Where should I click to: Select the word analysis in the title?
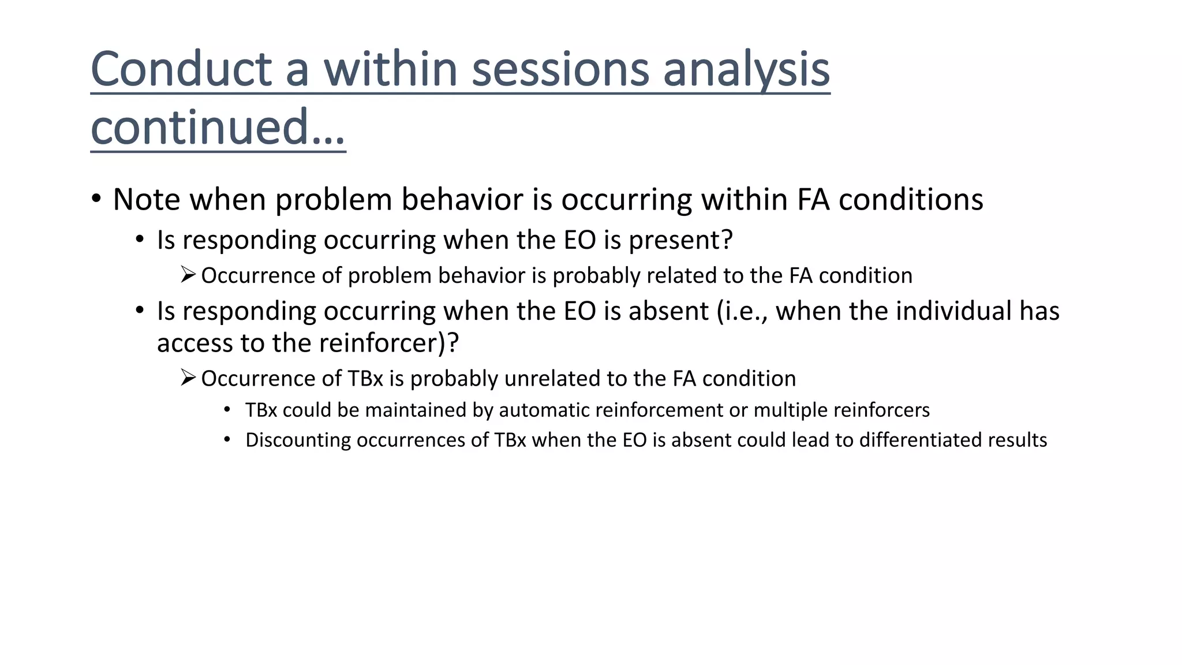click(x=746, y=70)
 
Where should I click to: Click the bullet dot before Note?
click(x=96, y=199)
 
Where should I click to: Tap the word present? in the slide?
click(x=680, y=240)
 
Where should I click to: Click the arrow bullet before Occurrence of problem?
click(x=188, y=274)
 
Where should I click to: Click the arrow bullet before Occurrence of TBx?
click(x=188, y=378)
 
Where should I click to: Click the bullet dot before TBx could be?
click(x=227, y=410)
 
